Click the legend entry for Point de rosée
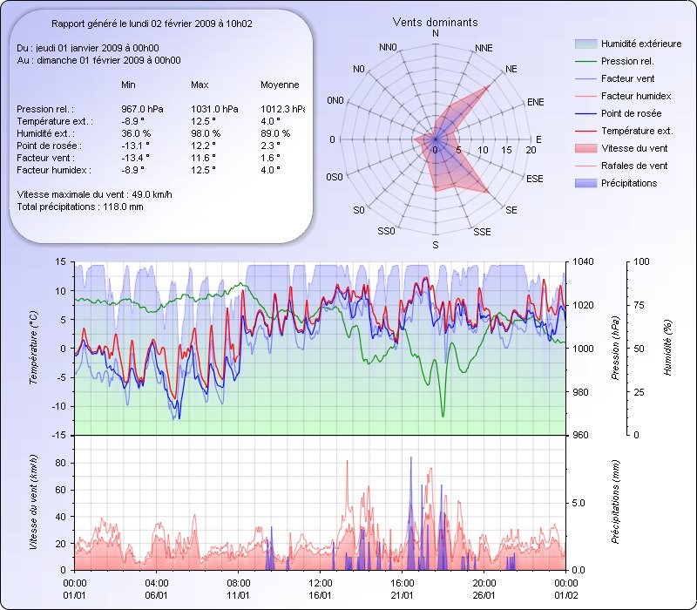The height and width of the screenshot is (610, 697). click(x=631, y=113)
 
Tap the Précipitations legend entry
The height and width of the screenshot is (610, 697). click(x=629, y=183)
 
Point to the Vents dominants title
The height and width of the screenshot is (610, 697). click(x=435, y=22)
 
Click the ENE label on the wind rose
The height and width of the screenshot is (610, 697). click(x=535, y=102)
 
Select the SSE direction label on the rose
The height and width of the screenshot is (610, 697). click(x=481, y=232)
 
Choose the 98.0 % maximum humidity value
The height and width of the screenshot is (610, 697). click(x=206, y=133)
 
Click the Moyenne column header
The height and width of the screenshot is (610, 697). click(x=280, y=85)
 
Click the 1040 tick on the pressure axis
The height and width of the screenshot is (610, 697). click(x=583, y=261)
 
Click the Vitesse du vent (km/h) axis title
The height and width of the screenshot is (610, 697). click(x=33, y=501)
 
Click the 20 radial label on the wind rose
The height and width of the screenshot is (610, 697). click(x=531, y=151)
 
